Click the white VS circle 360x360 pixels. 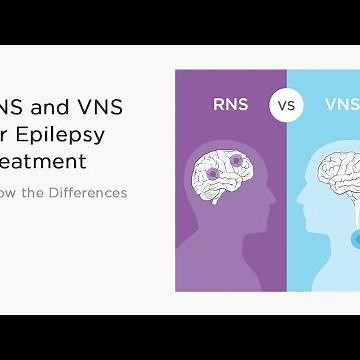286,102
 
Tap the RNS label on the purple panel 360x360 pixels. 231,102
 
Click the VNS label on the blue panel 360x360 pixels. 339,102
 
